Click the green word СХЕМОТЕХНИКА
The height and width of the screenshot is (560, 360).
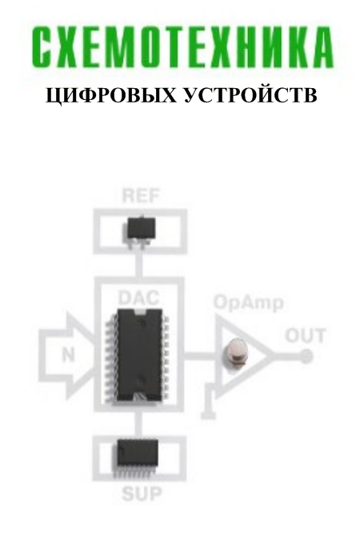pyautogui.click(x=182, y=46)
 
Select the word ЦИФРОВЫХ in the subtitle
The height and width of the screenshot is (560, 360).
pyautogui.click(x=111, y=96)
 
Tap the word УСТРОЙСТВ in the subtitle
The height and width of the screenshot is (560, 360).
pyautogui.click(x=250, y=96)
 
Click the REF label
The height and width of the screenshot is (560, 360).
pyautogui.click(x=140, y=196)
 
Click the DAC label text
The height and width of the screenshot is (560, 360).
pyautogui.click(x=138, y=298)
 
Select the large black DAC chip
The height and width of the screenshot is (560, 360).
pyautogui.click(x=138, y=356)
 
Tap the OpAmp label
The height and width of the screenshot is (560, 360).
pyautogui.click(x=249, y=303)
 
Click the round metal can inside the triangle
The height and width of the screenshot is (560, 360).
pyautogui.click(x=235, y=352)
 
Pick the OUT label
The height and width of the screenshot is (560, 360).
pyautogui.click(x=306, y=336)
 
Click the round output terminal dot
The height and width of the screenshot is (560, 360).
pyautogui.click(x=306, y=356)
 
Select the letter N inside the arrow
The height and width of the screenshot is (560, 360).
pyautogui.click(x=68, y=354)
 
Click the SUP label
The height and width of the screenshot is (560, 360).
pyautogui.click(x=142, y=494)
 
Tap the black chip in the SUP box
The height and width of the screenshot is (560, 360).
pyautogui.click(x=138, y=457)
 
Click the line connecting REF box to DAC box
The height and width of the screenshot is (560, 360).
pyautogui.click(x=138, y=266)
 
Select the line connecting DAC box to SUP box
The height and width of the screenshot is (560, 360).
pyautogui.click(x=138, y=424)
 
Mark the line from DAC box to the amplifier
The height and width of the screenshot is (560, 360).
pyautogui.click(x=199, y=356)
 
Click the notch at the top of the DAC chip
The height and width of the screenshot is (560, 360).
pyautogui.click(x=139, y=312)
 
